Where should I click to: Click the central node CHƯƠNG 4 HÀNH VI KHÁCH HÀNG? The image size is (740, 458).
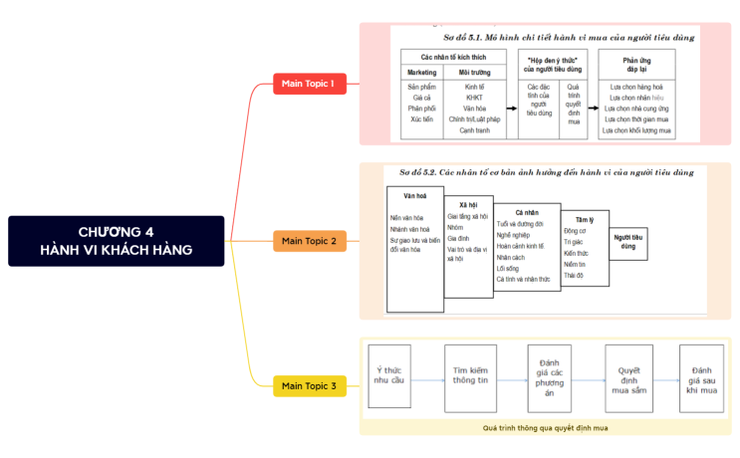tap(118, 241)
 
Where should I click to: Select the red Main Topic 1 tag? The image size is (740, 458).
tap(309, 83)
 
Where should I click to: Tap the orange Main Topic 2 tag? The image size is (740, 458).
tap(310, 241)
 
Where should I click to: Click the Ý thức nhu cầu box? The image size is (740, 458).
tap(387, 374)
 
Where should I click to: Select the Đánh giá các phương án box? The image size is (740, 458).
tap(549, 374)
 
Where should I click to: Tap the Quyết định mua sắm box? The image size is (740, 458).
tap(628, 374)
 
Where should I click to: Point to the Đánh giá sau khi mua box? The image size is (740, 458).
tap(701, 374)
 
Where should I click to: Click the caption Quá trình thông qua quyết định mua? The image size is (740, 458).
tap(545, 427)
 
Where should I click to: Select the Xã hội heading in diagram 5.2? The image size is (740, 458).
tap(468, 203)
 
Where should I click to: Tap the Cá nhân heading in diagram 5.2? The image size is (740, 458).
tap(526, 212)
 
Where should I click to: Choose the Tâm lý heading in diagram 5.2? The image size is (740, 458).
tap(584, 218)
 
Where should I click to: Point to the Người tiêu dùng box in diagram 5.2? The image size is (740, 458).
tap(628, 241)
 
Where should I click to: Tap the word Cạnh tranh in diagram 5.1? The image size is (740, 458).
tap(474, 129)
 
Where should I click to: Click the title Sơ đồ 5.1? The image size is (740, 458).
tap(569, 37)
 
